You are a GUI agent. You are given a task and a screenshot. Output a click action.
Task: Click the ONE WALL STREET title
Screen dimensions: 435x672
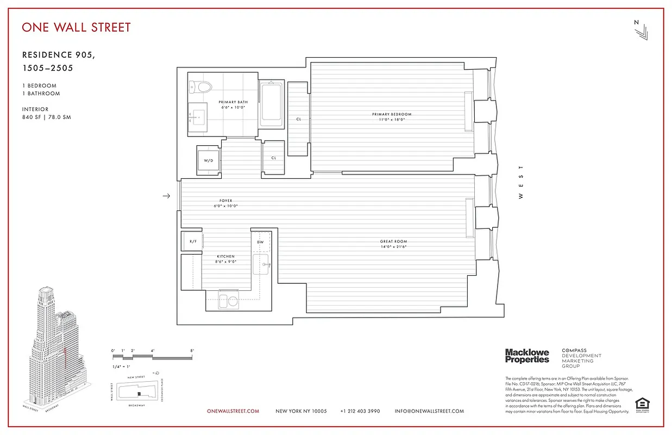tap(76, 27)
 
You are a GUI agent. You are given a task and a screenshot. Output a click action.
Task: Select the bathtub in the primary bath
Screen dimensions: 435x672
tap(271, 104)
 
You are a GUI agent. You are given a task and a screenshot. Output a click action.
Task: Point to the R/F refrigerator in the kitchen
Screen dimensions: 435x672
tap(192, 241)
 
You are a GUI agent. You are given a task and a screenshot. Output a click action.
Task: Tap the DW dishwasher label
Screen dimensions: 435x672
tap(260, 242)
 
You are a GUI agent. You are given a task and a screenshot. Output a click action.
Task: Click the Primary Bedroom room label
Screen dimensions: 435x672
tap(392, 116)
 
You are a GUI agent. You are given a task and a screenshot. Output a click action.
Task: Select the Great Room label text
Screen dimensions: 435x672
tap(393, 244)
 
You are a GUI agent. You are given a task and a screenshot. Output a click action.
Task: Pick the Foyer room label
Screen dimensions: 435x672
tap(226, 203)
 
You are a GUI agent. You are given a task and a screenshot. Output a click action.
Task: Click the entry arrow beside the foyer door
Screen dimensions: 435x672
tap(167, 196)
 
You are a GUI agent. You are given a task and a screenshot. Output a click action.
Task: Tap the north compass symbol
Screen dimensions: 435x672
tap(639, 30)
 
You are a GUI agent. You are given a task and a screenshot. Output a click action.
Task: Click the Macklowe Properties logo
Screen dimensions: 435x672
tap(526, 356)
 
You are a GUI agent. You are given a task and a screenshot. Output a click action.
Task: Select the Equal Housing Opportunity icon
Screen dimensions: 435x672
tap(643, 405)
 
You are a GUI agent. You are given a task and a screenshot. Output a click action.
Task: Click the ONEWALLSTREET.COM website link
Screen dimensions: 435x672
tap(233, 411)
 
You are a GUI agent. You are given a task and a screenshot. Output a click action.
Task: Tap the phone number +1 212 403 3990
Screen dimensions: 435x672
tap(360, 411)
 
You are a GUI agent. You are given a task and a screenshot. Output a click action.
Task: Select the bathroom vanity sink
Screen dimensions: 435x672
tap(198, 115)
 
